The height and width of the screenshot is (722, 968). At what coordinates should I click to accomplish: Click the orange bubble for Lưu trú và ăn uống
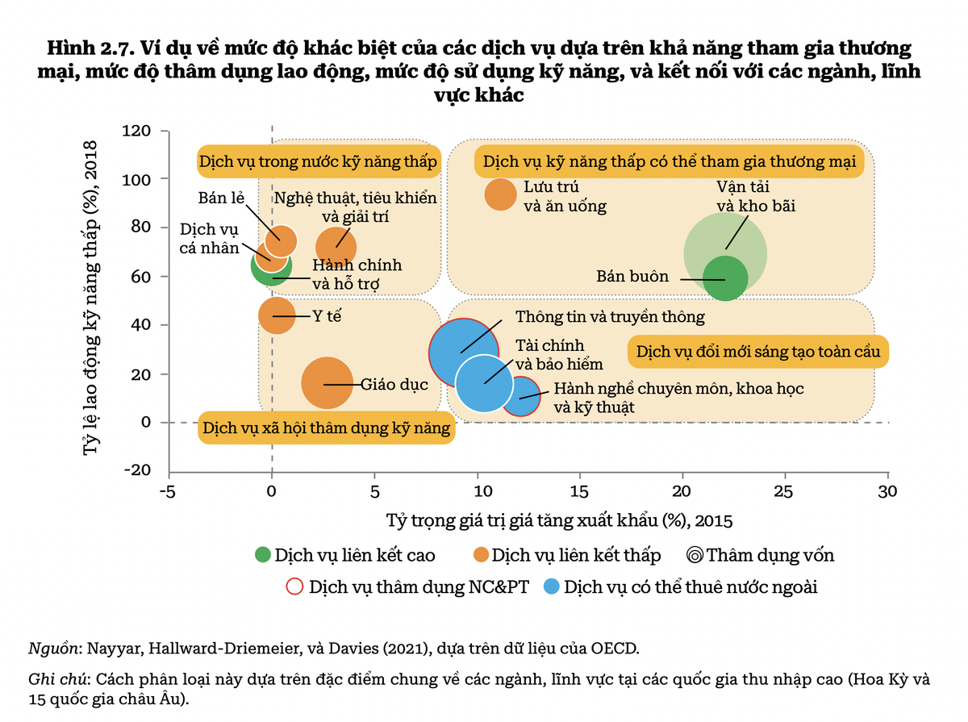(x=500, y=194)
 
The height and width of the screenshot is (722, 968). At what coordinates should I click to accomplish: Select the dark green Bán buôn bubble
(x=725, y=278)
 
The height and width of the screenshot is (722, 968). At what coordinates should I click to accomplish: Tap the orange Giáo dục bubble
(x=327, y=383)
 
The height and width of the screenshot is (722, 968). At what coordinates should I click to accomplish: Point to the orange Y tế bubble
(x=276, y=314)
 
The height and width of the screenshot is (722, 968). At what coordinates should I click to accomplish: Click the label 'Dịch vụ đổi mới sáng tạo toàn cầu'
(x=758, y=352)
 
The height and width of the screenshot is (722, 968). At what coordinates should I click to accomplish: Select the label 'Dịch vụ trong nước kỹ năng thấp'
(x=319, y=161)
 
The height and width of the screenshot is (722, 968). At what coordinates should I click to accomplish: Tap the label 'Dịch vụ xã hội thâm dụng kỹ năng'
(x=326, y=428)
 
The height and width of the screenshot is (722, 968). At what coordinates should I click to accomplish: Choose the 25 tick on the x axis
(x=784, y=491)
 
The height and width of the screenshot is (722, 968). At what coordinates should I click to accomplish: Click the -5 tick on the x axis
(x=168, y=491)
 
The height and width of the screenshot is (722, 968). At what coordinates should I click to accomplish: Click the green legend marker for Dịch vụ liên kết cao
(x=262, y=555)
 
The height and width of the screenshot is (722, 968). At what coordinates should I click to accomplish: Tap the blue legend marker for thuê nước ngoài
(x=553, y=586)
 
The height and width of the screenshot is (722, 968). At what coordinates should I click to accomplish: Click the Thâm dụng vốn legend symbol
(x=694, y=555)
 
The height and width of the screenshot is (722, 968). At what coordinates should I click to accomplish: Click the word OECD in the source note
(x=616, y=648)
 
